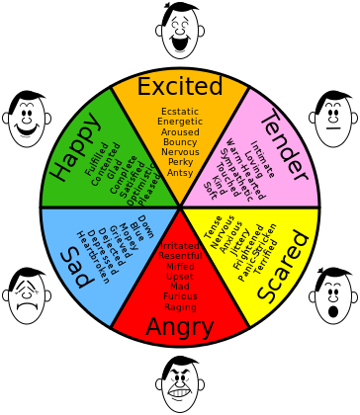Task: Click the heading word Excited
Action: (179, 87)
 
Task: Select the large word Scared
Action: (285, 269)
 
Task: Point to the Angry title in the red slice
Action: (180, 327)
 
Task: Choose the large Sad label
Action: (71, 266)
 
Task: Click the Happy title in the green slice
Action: (74, 147)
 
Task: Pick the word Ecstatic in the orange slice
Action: (180, 111)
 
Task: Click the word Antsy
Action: (180, 173)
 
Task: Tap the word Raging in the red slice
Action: (180, 307)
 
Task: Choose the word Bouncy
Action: (180, 141)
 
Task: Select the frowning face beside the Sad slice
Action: (27, 295)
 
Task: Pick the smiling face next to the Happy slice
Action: (27, 121)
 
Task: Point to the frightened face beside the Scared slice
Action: (333, 295)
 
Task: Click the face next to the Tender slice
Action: (333, 121)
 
